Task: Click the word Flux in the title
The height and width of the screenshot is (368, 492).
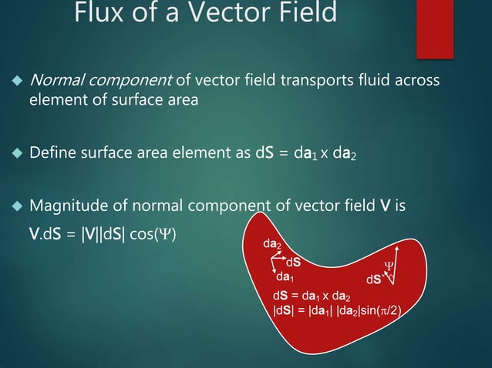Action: pos(97,14)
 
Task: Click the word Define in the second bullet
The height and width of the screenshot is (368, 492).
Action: pos(52,158)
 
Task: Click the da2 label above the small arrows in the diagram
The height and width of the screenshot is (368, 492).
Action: pos(272,245)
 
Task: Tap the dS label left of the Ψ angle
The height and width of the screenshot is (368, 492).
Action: pos(373,278)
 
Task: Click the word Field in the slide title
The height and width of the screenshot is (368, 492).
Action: pos(300,14)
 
